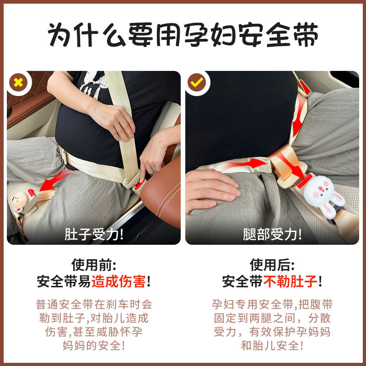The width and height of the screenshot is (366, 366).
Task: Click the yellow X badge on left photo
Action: tap(19, 82)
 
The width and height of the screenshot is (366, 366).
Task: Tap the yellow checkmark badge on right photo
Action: tap(197, 82)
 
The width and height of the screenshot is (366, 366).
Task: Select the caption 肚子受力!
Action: tap(94, 235)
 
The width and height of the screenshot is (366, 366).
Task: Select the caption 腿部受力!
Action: tap(272, 235)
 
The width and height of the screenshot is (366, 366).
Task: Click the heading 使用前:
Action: tap(94, 265)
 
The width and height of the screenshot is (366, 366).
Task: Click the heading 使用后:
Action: tap(272, 265)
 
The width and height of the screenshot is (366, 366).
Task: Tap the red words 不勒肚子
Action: tap(290, 281)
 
